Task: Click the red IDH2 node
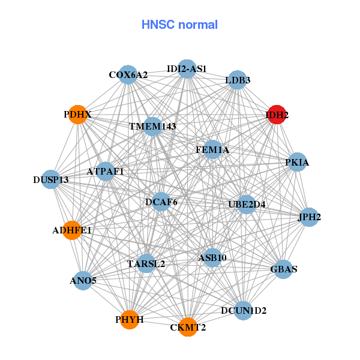click(276, 115)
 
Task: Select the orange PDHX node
click(78, 114)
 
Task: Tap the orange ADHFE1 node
click(72, 230)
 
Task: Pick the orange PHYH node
click(130, 319)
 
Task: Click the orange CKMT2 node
click(188, 327)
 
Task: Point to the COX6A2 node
click(128, 75)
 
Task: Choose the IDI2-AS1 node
click(187, 69)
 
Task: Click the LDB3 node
click(238, 80)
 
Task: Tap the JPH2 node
click(309, 217)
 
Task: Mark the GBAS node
click(284, 269)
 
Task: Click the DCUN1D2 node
click(243, 310)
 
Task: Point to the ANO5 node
click(83, 280)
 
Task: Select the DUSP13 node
click(51, 179)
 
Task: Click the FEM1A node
click(212, 149)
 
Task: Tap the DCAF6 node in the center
click(161, 202)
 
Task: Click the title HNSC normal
click(179, 25)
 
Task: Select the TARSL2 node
click(146, 263)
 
